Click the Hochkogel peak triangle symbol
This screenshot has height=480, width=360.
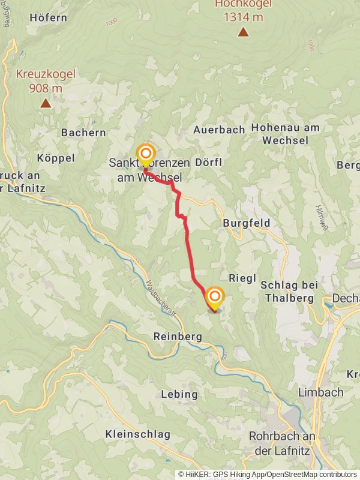pyautogui.click(x=243, y=32)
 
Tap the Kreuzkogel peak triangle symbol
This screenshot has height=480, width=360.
pyautogui.click(x=46, y=103)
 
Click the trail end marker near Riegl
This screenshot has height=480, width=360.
pyautogui.click(x=215, y=297)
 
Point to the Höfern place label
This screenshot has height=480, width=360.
pyautogui.click(x=48, y=17)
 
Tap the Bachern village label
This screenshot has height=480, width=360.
pyautogui.click(x=83, y=133)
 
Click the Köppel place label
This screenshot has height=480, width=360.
pyautogui.click(x=56, y=158)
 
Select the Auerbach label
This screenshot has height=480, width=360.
pyautogui.click(x=219, y=130)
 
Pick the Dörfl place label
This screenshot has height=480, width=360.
pyautogui.click(x=209, y=162)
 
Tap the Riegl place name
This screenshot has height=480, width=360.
pyautogui.click(x=242, y=278)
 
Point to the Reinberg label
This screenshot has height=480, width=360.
pyautogui.click(x=178, y=337)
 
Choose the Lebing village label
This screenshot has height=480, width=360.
pyautogui.click(x=179, y=394)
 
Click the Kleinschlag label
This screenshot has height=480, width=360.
pyautogui.click(x=136, y=433)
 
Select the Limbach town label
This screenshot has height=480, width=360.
pyautogui.click(x=321, y=392)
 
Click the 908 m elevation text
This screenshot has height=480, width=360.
pyautogui.click(x=46, y=88)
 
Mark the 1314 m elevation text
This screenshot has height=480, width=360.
pyautogui.click(x=244, y=17)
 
